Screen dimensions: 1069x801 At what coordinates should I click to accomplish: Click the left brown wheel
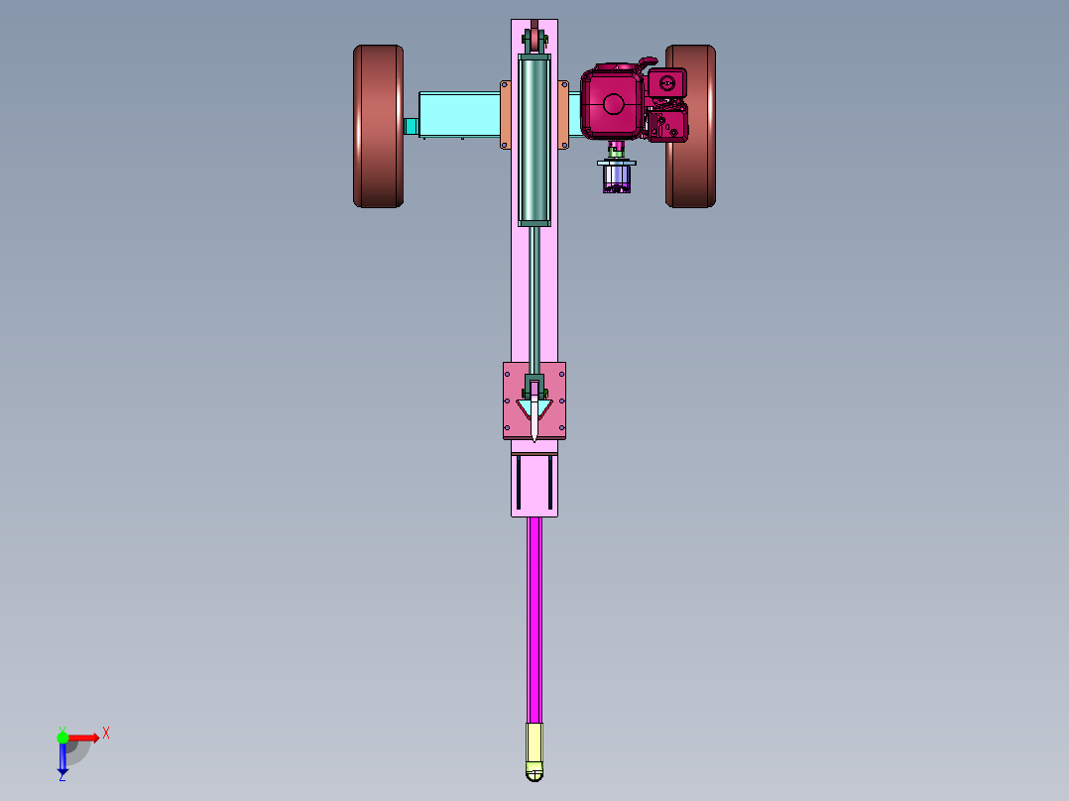(x=379, y=126)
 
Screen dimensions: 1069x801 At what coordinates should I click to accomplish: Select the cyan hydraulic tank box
(x=459, y=115)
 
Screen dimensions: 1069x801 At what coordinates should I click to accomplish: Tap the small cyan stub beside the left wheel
(x=411, y=126)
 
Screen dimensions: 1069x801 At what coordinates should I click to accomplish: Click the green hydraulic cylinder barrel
(x=534, y=140)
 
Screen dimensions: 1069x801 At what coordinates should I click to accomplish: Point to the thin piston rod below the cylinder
(x=534, y=300)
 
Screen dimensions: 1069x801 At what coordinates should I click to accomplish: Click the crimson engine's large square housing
(x=612, y=104)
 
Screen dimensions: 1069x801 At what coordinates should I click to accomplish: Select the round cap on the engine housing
(x=613, y=104)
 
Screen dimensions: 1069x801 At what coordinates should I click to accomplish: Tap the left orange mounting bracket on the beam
(x=505, y=115)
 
